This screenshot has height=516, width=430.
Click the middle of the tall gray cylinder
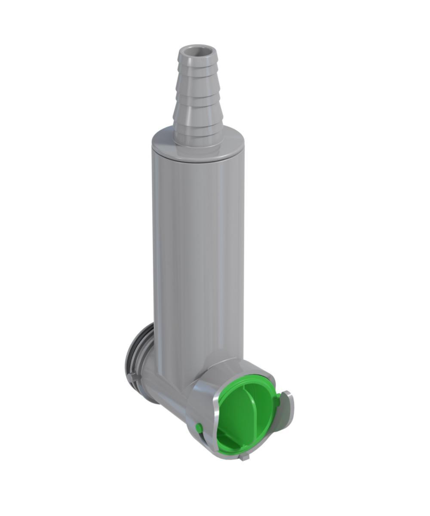pyautogui.click(x=198, y=258)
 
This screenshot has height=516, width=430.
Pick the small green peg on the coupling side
pyautogui.click(x=199, y=427)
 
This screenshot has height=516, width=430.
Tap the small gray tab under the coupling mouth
pyautogui.click(x=244, y=457)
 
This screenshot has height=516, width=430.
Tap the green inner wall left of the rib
pyautogui.click(x=230, y=413)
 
